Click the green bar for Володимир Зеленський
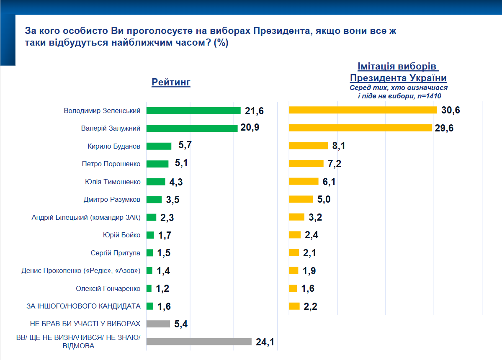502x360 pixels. [193, 111]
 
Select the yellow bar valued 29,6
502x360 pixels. [360, 128]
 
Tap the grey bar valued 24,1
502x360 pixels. [198, 342]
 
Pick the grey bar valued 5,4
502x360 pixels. [158, 324]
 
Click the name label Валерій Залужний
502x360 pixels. [111, 129]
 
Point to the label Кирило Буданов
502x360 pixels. [114, 146]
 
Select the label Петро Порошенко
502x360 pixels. [111, 164]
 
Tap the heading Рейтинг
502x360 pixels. [171, 82]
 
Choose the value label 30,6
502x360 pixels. [450, 110]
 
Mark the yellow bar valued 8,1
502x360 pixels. [308, 146]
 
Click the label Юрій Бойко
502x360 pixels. [121, 235]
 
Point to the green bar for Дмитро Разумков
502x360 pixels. [154, 199]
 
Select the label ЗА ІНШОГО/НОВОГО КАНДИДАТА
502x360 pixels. [83, 306]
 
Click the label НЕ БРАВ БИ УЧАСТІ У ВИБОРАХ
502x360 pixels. [85, 324]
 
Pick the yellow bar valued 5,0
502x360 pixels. [301, 199]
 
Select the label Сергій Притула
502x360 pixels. [116, 253]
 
